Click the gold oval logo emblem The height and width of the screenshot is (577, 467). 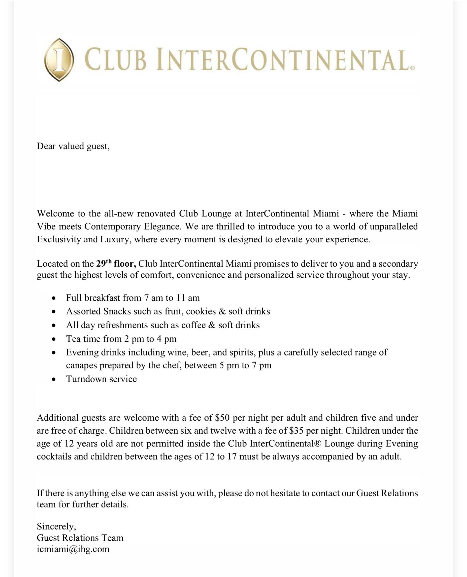click(x=59, y=60)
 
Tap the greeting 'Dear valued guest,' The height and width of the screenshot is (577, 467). click(x=73, y=146)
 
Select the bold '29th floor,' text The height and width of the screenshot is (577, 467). click(x=116, y=263)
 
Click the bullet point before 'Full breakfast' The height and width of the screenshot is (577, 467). click(x=53, y=298)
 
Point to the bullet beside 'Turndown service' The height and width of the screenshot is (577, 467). click(x=53, y=379)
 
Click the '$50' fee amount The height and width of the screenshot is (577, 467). click(x=222, y=418)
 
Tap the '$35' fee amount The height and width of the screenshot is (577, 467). click(x=296, y=431)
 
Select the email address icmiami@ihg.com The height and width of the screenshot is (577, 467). click(x=73, y=549)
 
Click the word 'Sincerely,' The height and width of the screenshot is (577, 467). click(x=56, y=527)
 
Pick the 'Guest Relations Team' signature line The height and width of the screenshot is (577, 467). click(x=80, y=538)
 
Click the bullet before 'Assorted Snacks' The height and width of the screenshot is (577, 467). click(x=53, y=312)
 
